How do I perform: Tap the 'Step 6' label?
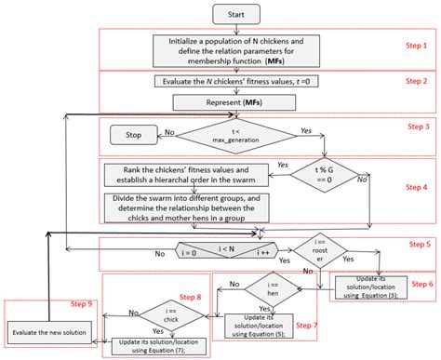pyautogui.click(x=423, y=284)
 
